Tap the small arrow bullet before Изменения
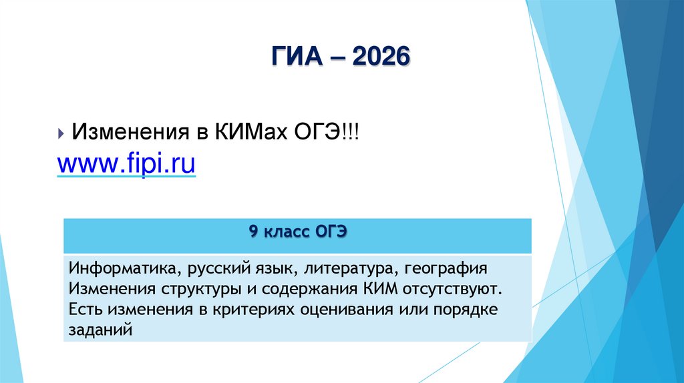61,133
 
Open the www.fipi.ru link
126,162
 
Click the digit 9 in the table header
253,233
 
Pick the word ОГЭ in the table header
328,233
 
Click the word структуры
197,290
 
